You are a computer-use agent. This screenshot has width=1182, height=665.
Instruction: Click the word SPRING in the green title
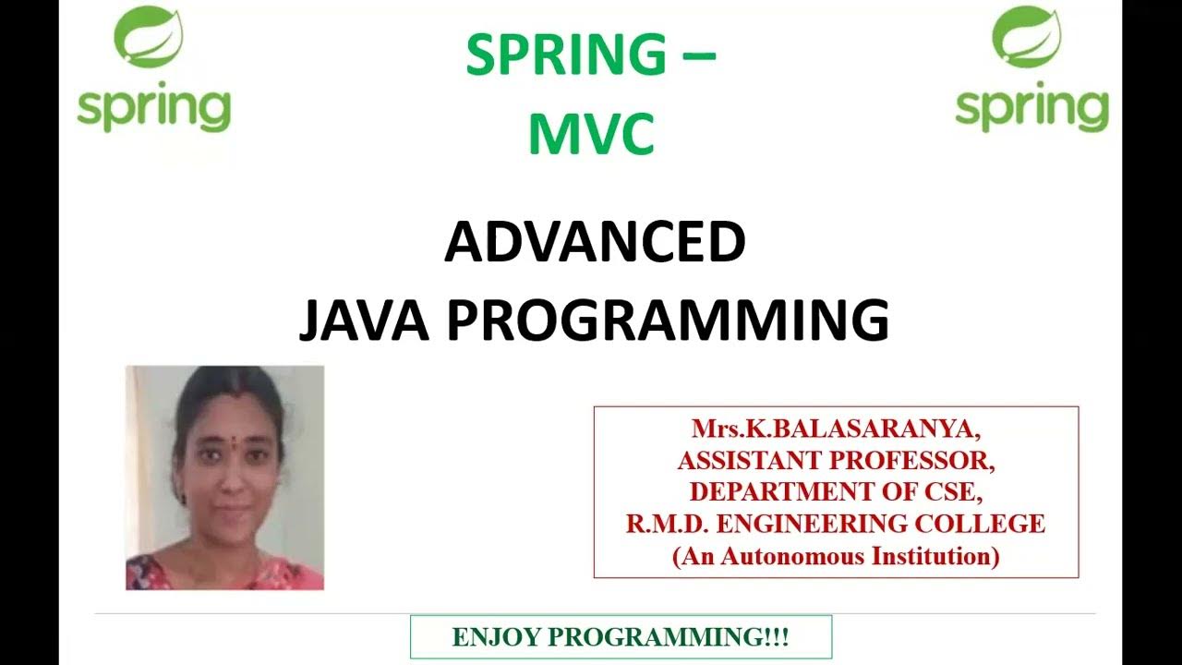click(565, 56)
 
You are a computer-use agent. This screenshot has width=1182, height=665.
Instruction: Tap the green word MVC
click(592, 134)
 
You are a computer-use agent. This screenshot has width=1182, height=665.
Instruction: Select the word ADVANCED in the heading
click(595, 243)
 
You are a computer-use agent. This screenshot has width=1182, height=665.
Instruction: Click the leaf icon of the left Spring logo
click(148, 37)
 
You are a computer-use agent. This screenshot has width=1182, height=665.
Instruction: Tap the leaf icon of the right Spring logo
click(1026, 37)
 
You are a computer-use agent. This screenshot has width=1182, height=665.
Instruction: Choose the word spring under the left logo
click(153, 109)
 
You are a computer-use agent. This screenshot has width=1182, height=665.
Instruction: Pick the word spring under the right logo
click(1031, 109)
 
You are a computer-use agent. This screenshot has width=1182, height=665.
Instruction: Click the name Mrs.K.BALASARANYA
click(836, 429)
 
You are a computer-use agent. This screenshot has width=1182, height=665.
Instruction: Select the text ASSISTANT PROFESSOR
click(836, 460)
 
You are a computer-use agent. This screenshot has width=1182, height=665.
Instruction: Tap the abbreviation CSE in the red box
click(951, 491)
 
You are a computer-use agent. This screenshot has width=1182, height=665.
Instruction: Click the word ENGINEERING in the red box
click(816, 524)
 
